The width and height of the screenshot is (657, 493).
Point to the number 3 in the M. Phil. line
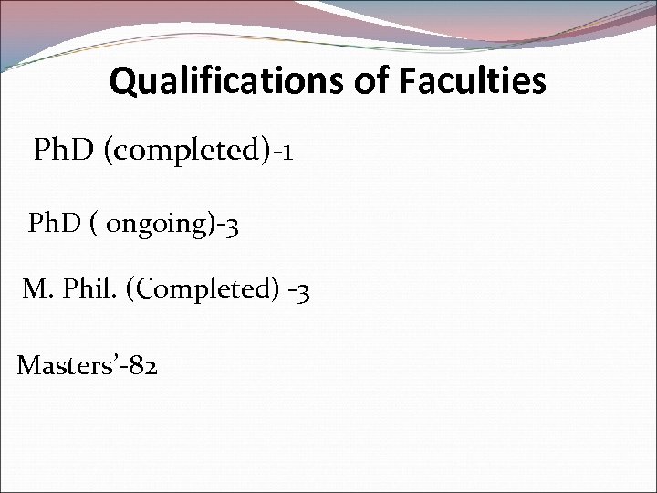pyautogui.click(x=306, y=292)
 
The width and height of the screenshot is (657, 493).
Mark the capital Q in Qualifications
pyautogui.click(x=121, y=83)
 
